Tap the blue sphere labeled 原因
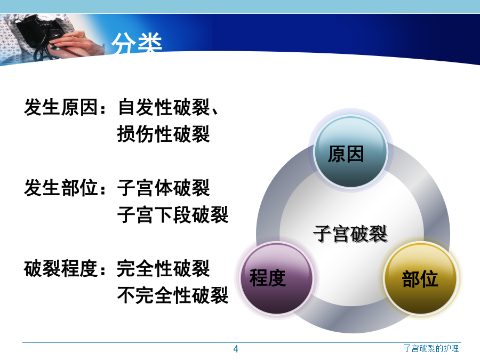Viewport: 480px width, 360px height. [x=351, y=152]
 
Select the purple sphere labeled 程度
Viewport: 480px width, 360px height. [x=277, y=278]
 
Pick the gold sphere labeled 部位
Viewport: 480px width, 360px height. [x=420, y=278]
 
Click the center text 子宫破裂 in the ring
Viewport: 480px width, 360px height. [x=350, y=234]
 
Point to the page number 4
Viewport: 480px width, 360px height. [x=235, y=349]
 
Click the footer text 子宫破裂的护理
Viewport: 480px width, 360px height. [x=431, y=348]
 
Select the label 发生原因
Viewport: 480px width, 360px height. [x=61, y=107]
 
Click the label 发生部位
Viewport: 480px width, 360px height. [x=61, y=188]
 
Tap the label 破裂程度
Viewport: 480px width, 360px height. [x=61, y=268]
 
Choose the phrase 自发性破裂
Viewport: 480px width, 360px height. [x=164, y=107]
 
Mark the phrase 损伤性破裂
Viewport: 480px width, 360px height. [x=164, y=134]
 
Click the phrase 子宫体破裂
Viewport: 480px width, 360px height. [x=164, y=188]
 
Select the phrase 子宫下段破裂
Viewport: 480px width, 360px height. [x=173, y=214]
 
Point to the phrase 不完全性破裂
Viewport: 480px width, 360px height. [x=173, y=295]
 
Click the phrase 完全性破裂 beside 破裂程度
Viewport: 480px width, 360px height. [x=164, y=268]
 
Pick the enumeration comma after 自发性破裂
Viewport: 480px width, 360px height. [x=214, y=111]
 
